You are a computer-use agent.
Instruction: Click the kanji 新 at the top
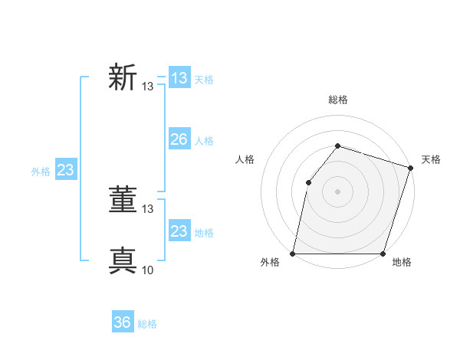(x=123, y=78)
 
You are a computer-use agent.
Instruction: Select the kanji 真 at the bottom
(x=123, y=261)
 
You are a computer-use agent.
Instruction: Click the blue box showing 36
(x=123, y=322)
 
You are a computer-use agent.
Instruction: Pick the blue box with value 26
(x=179, y=139)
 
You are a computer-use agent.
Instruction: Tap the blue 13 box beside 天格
(x=179, y=78)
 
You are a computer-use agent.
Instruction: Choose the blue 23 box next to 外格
(x=65, y=170)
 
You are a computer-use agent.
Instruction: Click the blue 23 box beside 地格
(x=179, y=231)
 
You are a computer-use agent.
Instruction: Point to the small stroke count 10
(x=148, y=270)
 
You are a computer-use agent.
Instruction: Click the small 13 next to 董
(x=148, y=208)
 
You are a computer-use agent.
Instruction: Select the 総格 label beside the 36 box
(x=147, y=324)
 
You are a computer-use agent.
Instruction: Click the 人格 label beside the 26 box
(x=204, y=141)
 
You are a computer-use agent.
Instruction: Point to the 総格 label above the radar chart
(x=337, y=100)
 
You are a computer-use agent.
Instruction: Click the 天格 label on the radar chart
(x=431, y=159)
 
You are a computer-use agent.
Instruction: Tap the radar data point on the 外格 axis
(x=293, y=254)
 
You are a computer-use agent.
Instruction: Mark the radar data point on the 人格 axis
(x=308, y=182)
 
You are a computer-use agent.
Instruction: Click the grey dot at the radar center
(x=337, y=191)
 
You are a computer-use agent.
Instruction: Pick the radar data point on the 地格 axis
(x=383, y=254)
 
